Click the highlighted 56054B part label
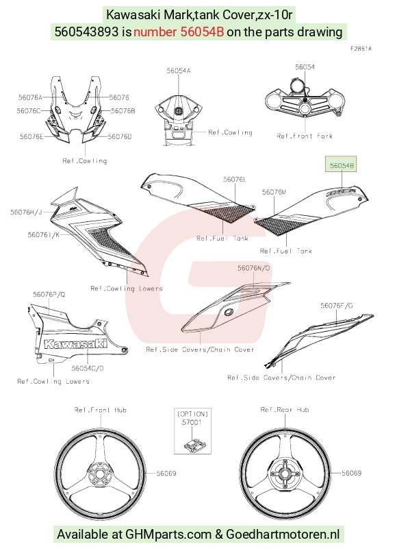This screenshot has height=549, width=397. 342,165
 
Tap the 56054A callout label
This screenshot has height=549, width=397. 179,71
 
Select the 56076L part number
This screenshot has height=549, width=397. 235,180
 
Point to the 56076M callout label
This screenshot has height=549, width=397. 274,192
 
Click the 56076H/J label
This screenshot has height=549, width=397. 26,212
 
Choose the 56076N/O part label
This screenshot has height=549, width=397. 254,268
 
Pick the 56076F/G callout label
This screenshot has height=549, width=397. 337,306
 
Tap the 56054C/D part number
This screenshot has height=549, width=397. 88,368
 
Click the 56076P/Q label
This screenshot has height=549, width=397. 49,295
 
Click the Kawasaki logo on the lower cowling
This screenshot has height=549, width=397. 75,344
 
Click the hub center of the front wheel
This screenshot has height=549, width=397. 99,475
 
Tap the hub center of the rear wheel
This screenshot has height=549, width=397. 285,474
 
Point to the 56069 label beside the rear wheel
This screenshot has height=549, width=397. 352,473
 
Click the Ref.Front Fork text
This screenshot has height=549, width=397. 305,136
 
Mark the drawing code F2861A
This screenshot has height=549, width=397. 361,49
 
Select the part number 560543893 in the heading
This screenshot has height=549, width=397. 86,32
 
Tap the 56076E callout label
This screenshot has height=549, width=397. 31,136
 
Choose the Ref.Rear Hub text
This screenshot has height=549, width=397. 285,409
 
